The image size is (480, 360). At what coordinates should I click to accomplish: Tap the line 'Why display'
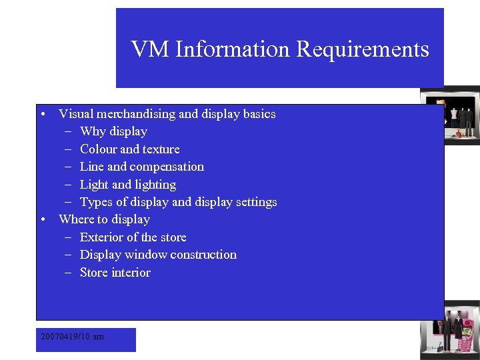point(113,131)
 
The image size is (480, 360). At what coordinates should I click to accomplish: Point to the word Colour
point(99,149)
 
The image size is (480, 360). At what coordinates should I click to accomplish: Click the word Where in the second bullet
point(76,219)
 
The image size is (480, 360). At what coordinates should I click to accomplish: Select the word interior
point(131,273)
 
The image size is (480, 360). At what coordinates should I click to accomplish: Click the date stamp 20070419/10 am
point(72,337)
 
